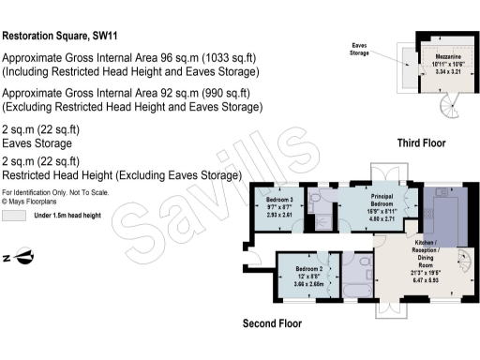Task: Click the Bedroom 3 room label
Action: pyautogui.click(x=279, y=200)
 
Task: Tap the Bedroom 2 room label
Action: pyautogui.click(x=309, y=269)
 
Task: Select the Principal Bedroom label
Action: pyautogui.click(x=382, y=200)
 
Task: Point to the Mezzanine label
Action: pyautogui.click(x=448, y=56)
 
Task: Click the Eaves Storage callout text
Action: pyautogui.click(x=359, y=49)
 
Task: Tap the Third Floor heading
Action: pyautogui.click(x=421, y=143)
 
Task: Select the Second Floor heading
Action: pyautogui.click(x=272, y=323)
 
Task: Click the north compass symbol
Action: pyautogui.click(x=20, y=256)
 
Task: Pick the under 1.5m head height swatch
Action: pyautogui.click(x=14, y=216)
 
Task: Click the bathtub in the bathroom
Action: pyautogui.click(x=357, y=291)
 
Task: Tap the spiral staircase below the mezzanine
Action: pyautogui.click(x=450, y=106)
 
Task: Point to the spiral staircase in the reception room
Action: pyautogui.click(x=464, y=260)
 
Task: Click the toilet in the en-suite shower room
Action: pyautogui.click(x=315, y=198)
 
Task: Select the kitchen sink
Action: pyautogui.click(x=442, y=191)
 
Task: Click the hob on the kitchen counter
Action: pyautogui.click(x=427, y=214)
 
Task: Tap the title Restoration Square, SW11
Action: pyautogui.click(x=60, y=36)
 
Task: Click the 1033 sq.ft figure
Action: pyautogui.click(x=229, y=58)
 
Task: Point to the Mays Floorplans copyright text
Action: pyautogui.click(x=29, y=202)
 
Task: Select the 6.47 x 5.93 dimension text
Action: pyautogui.click(x=426, y=280)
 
